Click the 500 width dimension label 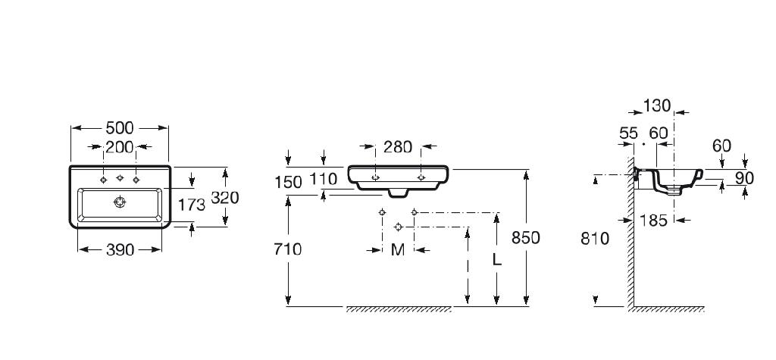[x=119, y=128]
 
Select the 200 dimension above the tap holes [x=119, y=147]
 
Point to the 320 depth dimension [x=225, y=198]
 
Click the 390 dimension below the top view [x=119, y=249]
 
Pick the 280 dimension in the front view [x=398, y=147]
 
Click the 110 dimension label [x=324, y=183]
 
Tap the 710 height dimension [x=289, y=249]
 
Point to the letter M [x=398, y=249]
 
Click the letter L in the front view [x=496, y=258]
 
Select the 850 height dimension [x=526, y=238]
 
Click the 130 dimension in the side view [x=656, y=107]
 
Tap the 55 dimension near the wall [x=628, y=133]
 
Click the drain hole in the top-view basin [x=118, y=202]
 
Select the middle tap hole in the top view [x=119, y=180]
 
